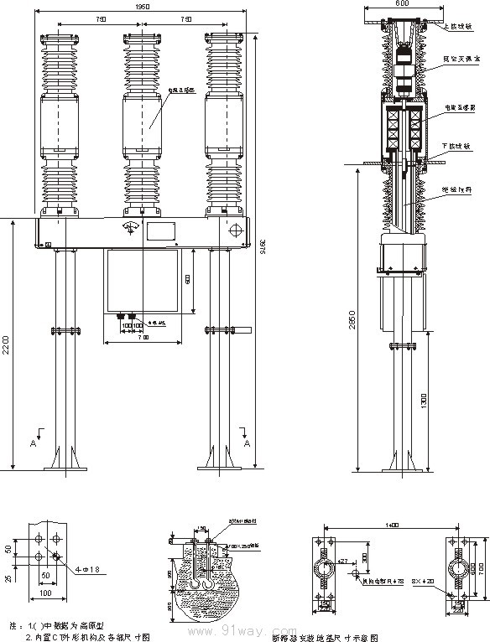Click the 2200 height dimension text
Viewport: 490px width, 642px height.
pos(7,345)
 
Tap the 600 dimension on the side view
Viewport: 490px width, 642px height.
pos(403,4)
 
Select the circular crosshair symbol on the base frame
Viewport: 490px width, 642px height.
pos(236,229)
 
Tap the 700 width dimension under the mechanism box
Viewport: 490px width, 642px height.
pos(143,337)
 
